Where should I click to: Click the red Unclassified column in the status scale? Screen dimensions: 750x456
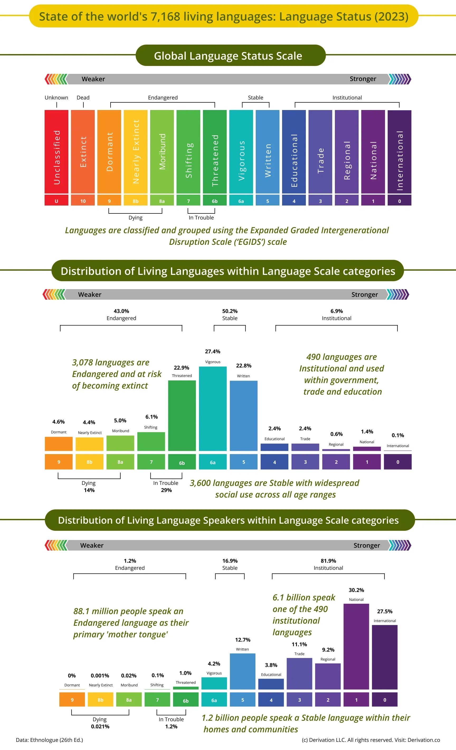pos(56,152)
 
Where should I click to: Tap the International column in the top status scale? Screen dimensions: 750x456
pos(399,152)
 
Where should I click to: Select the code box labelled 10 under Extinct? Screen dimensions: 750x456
pos(83,201)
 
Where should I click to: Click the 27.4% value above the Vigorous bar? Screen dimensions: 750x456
pos(212,352)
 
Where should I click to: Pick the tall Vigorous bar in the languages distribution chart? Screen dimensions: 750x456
pos(212,408)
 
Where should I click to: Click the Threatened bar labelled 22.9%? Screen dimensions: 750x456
pos(182,415)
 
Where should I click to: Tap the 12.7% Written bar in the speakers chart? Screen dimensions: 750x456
pos(243,671)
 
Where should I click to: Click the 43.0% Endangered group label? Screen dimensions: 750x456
pos(121,314)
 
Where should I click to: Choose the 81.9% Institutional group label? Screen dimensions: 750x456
pos(328,564)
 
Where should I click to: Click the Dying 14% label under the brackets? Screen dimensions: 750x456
pos(89,486)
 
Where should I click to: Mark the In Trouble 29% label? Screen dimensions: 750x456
pos(166,486)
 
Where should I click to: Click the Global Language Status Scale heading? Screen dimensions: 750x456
pos(228,56)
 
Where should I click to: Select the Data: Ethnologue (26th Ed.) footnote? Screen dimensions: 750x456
pos(49,740)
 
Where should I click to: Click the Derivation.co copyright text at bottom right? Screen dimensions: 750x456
pos(371,740)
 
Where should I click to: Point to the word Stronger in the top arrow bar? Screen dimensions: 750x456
pos(363,79)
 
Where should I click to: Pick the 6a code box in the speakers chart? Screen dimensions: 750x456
pos(214,700)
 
